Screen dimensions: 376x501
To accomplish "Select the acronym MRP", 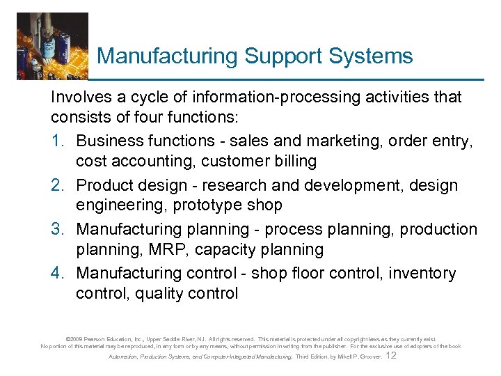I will click(155, 249).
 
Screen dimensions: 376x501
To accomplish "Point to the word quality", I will click(161, 294).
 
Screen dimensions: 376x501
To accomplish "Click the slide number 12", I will click(390, 355).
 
